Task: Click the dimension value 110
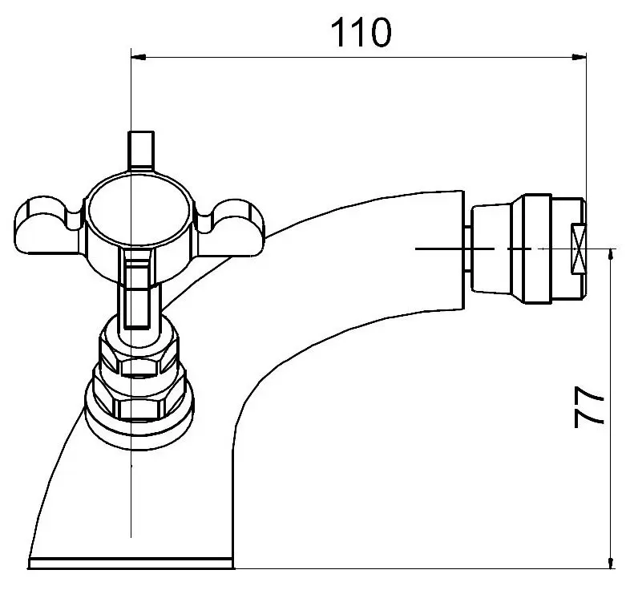point(361,33)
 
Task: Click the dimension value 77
point(590,409)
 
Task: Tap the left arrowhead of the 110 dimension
point(139,57)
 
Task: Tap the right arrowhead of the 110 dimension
point(578,57)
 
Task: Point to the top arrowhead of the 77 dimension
point(612,256)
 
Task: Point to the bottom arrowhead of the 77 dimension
point(612,561)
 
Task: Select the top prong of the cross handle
point(140,149)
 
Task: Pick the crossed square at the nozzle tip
point(578,249)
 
